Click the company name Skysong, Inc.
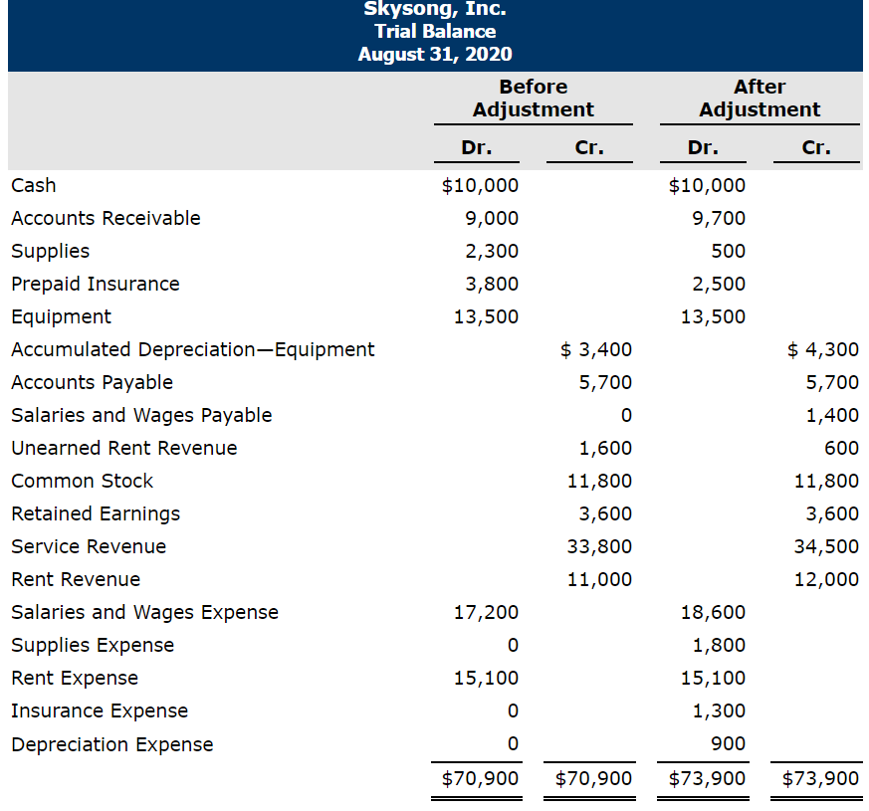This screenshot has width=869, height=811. point(434,9)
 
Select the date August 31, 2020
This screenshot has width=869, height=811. point(434,54)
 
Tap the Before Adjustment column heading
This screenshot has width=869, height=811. point(533,99)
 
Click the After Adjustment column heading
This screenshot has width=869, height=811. point(760,99)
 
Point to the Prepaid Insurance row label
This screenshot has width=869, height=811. point(96,284)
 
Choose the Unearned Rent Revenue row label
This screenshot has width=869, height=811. point(124,448)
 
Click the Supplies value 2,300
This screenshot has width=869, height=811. point(492,251)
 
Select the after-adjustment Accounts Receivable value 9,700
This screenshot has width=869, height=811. point(719,218)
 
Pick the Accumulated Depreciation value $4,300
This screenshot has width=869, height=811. point(822,349)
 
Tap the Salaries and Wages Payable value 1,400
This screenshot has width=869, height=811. point(833,415)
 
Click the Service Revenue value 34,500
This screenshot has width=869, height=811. point(826,546)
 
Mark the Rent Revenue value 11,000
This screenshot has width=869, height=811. point(599,579)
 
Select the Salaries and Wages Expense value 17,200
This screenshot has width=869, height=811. point(486,612)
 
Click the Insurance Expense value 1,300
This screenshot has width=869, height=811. point(719,710)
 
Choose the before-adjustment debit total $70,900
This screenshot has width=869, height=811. point(481,778)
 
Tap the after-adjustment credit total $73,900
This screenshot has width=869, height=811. point(821,778)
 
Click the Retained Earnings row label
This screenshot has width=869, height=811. point(96,513)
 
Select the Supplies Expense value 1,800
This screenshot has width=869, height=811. point(719,645)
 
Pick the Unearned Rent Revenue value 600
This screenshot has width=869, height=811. point(842,448)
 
